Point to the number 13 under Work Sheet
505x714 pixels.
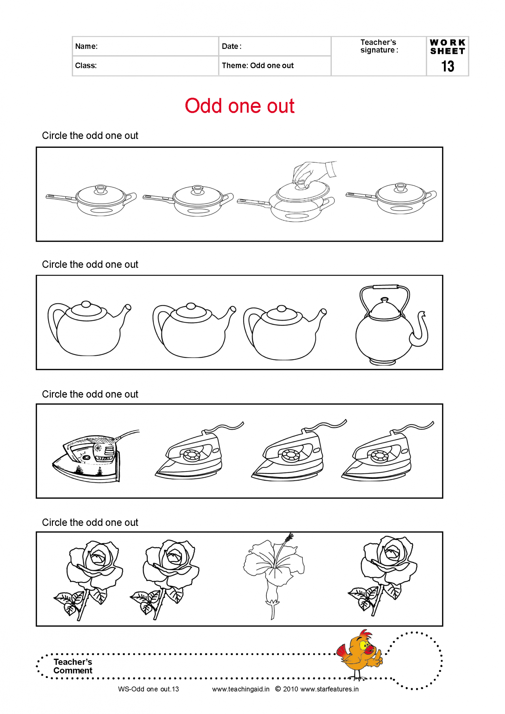(447, 66)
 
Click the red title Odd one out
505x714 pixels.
(240, 106)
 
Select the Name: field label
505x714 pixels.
(86, 46)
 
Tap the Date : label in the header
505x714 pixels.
(231, 46)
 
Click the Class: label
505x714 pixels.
(86, 66)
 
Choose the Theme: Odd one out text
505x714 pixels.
(257, 66)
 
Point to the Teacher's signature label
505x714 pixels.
(379, 46)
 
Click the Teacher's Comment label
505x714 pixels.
(73, 666)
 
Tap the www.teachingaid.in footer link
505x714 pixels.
(241, 689)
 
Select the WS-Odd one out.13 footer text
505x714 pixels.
(149, 689)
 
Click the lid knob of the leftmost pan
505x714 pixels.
(100, 189)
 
